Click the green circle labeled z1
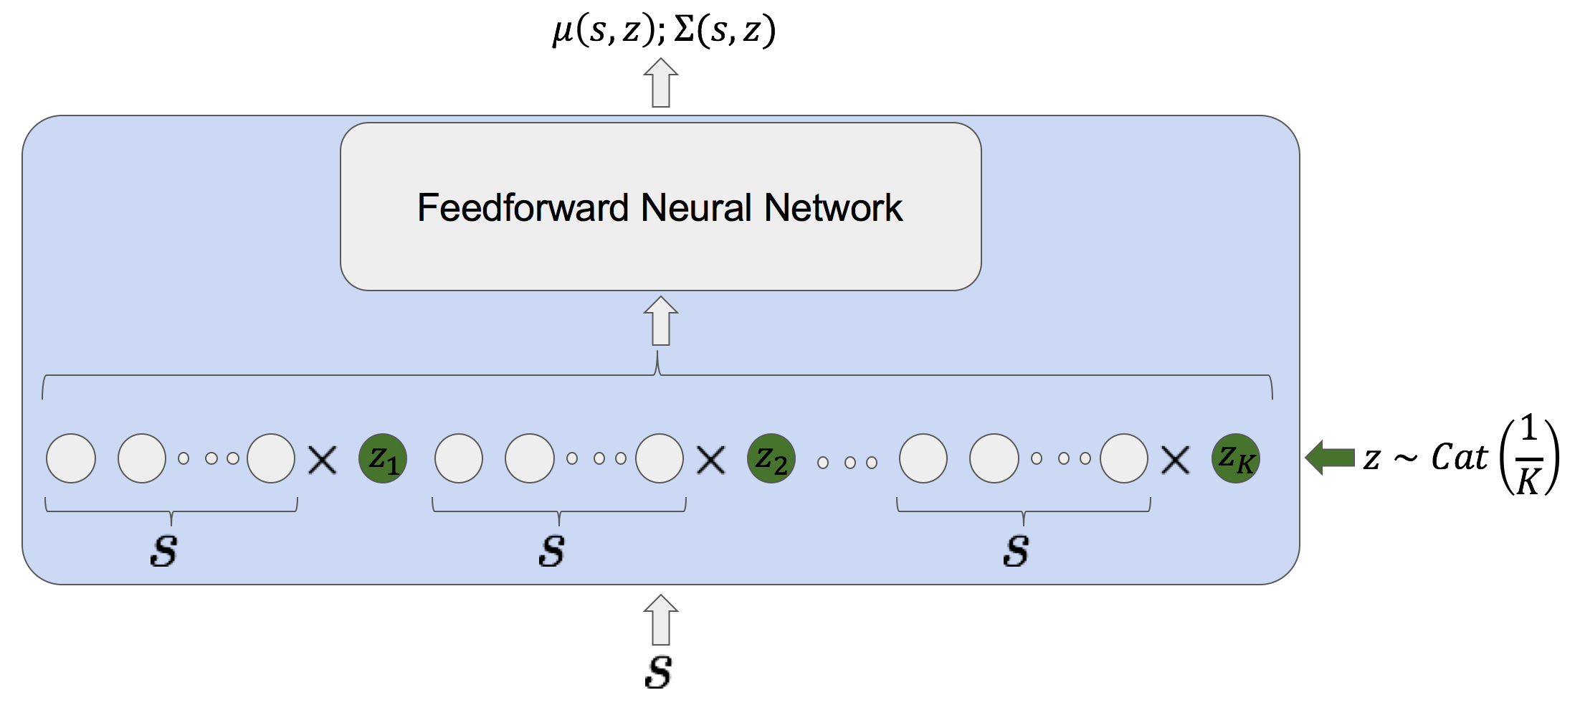[x=383, y=458]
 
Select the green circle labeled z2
[x=771, y=458]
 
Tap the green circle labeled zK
[x=1236, y=458]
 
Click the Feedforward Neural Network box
[x=661, y=207]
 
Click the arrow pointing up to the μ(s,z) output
[x=661, y=82]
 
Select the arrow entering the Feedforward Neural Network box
[x=661, y=321]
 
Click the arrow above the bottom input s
[x=661, y=620]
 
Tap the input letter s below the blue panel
[x=659, y=672]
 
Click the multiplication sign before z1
[x=323, y=460]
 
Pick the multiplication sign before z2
[x=711, y=460]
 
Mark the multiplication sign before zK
[x=1176, y=460]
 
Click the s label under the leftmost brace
[x=164, y=551]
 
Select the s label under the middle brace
[x=552, y=551]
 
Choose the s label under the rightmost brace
[x=1017, y=551]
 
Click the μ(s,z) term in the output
[x=604, y=31]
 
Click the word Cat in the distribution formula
[x=1460, y=457]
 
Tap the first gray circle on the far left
[x=71, y=458]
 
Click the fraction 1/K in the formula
[x=1528, y=455]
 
